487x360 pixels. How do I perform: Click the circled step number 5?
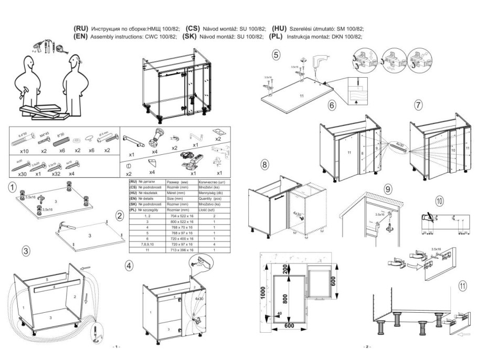[276, 54]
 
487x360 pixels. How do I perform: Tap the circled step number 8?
[265, 164]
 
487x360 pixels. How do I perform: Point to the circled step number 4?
[129, 265]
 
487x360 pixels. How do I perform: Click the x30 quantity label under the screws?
[22, 174]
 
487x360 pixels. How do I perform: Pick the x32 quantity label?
[54, 174]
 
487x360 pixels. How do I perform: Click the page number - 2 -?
[366, 347]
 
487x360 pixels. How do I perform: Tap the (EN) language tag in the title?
[81, 37]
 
